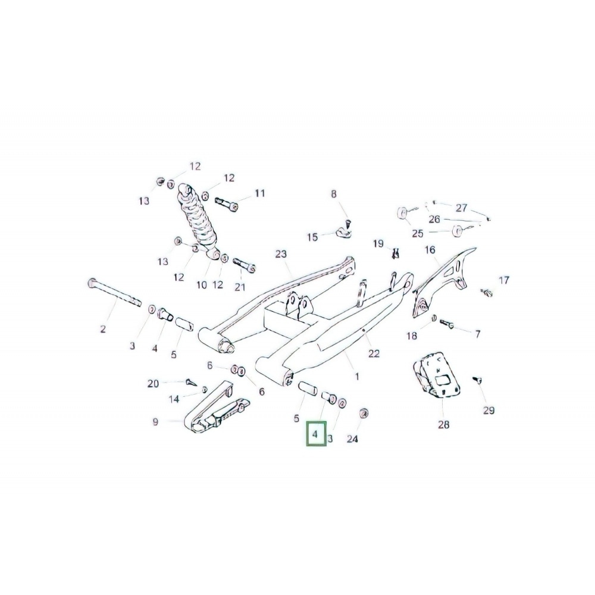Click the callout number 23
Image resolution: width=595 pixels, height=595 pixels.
point(281,254)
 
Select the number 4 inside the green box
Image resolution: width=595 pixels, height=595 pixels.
point(315,434)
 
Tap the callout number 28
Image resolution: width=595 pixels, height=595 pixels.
point(444,425)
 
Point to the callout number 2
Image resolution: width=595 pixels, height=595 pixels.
point(102,329)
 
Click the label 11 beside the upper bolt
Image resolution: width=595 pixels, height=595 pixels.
point(260,193)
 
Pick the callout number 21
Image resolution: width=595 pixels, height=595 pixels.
point(240,287)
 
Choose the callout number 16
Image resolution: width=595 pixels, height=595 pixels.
point(430,250)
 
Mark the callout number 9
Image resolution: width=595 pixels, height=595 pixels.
point(155,422)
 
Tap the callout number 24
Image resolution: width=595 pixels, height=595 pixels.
point(353,440)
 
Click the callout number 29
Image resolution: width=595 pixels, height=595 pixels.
point(488,411)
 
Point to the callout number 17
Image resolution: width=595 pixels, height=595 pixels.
point(504,280)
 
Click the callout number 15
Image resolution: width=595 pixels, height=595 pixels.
point(312,237)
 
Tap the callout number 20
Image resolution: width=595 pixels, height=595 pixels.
point(153,384)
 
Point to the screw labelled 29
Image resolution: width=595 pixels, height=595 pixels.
point(477,378)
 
